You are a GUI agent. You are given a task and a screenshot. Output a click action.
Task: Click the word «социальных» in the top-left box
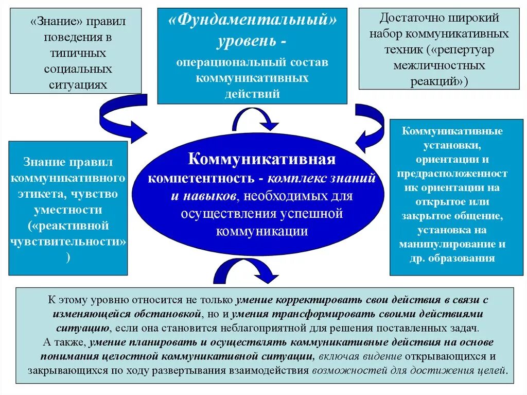(x=78, y=69)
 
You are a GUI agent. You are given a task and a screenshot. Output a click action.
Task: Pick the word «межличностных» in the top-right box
(x=439, y=65)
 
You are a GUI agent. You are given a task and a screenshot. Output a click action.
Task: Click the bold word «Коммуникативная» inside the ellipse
(x=262, y=159)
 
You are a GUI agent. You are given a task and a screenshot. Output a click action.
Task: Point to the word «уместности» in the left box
(x=68, y=210)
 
